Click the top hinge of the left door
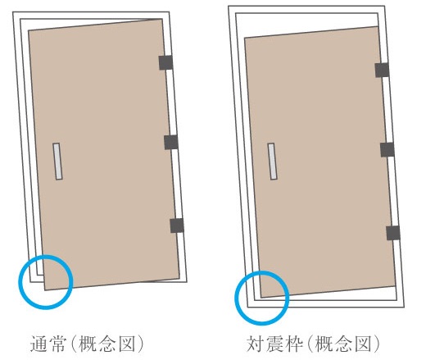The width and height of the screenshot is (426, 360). pyautogui.click(x=165, y=62)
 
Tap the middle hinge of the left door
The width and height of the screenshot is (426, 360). pyautogui.click(x=171, y=142)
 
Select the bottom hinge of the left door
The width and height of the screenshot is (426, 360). pyautogui.click(x=177, y=226)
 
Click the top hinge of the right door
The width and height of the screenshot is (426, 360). pyautogui.click(x=382, y=70)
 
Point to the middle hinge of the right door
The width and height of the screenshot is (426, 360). pyautogui.click(x=387, y=150)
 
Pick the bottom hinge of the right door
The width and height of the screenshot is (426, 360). pyautogui.click(x=393, y=233)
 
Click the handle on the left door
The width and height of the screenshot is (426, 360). pyautogui.click(x=57, y=162)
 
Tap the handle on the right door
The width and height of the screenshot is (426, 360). pyautogui.click(x=272, y=162)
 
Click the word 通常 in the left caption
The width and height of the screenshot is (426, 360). pyautogui.click(x=48, y=344)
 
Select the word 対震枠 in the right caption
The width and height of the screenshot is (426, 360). pyautogui.click(x=275, y=344)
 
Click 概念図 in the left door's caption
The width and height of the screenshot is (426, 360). pyautogui.click(x=107, y=344)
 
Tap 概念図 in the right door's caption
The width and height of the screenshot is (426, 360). pyautogui.click(x=343, y=344)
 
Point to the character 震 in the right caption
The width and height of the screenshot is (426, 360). pyautogui.click(x=275, y=344)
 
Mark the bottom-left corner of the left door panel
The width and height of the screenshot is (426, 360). pyautogui.click(x=45, y=290)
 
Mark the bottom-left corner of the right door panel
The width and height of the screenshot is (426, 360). pyautogui.click(x=261, y=298)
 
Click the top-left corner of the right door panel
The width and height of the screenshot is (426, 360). pyautogui.click(x=244, y=38)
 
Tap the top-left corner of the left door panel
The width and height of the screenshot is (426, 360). pyautogui.click(x=29, y=30)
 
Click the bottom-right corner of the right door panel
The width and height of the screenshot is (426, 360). pyautogui.click(x=396, y=286)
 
